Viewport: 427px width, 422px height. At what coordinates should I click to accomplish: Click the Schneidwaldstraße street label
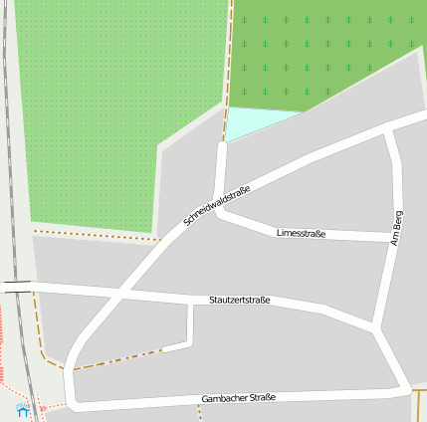click(x=217, y=206)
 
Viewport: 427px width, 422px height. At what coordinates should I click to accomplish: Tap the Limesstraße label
click(x=301, y=233)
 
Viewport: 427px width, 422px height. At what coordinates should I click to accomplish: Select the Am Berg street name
click(x=397, y=228)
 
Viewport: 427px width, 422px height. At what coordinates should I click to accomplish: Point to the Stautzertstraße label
click(x=239, y=300)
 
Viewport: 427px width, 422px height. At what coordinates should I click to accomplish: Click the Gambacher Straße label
click(x=238, y=398)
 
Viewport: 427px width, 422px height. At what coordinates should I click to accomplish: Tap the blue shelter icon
click(x=22, y=409)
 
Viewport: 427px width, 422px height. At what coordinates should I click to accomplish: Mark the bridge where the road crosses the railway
click(x=16, y=286)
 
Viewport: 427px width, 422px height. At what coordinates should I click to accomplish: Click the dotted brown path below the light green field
click(x=95, y=235)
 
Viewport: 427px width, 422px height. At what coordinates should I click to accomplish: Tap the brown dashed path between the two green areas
click(x=230, y=60)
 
